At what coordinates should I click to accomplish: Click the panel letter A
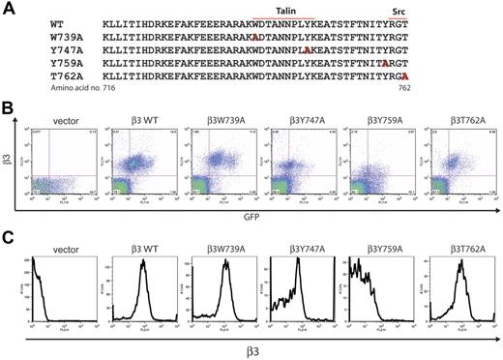pyautogui.click(x=9, y=7)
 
